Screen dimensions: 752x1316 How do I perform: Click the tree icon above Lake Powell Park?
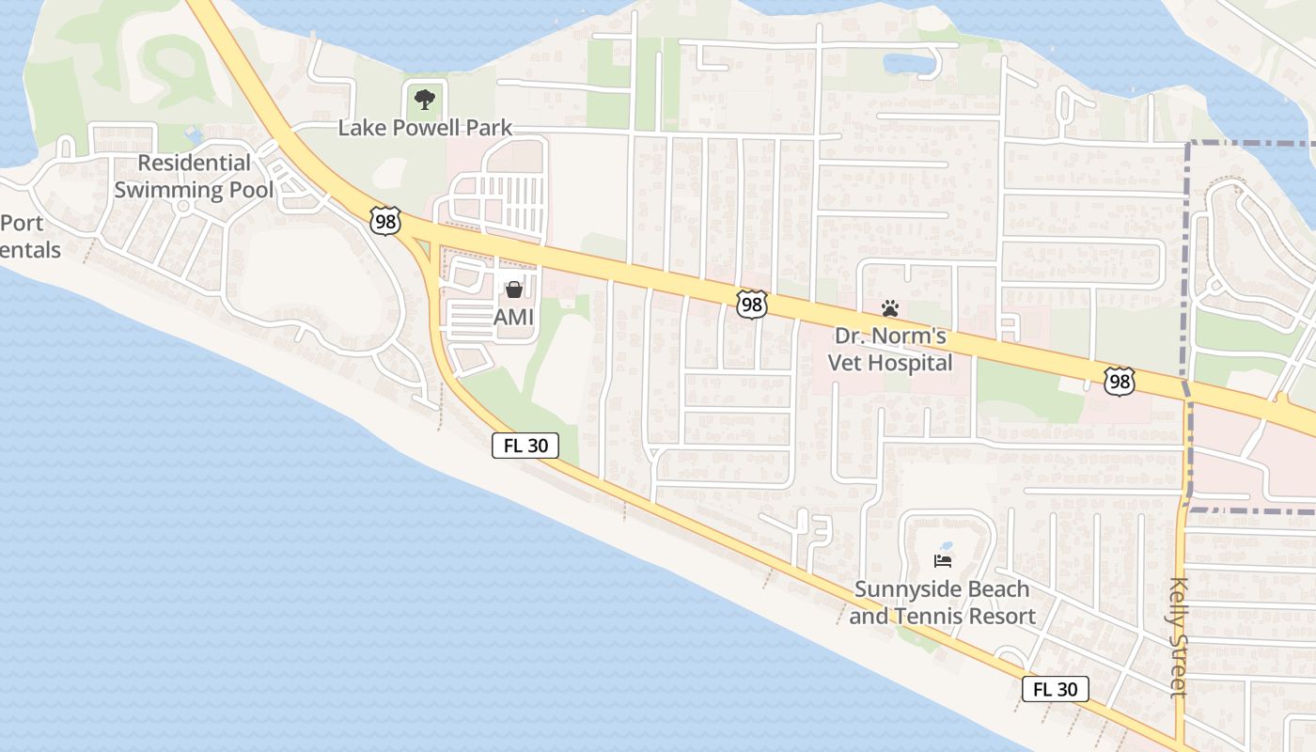click(x=425, y=99)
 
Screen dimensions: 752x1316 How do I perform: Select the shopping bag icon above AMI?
click(x=513, y=290)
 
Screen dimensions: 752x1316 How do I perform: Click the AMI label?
click(x=513, y=317)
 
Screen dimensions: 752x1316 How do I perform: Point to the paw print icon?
click(x=889, y=307)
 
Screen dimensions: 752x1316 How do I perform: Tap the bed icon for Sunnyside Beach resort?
click(x=943, y=561)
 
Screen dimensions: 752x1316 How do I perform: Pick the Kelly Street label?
click(x=1179, y=636)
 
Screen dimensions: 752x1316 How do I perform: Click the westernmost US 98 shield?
click(x=386, y=221)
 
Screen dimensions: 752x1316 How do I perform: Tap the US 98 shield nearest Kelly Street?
click(x=1119, y=381)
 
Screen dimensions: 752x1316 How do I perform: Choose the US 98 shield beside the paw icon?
click(x=752, y=304)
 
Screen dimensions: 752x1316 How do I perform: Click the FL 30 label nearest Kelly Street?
click(x=1055, y=689)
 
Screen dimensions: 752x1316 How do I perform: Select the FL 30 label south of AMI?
click(x=525, y=446)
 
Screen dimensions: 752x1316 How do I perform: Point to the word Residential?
click(x=195, y=163)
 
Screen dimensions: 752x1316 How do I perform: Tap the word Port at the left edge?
click(x=23, y=224)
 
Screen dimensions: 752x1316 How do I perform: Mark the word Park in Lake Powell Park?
click(x=493, y=128)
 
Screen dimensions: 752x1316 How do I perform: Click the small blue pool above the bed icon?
click(x=946, y=546)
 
